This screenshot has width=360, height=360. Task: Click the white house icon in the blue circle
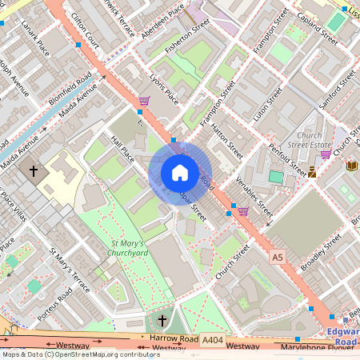point(179,172)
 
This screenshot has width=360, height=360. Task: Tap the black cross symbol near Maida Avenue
point(34,170)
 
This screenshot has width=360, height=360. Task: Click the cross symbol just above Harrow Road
point(162,321)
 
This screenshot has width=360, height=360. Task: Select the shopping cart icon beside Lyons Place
point(144,102)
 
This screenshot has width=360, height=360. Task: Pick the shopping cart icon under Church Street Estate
point(325,154)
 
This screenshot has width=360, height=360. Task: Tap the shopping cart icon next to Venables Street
point(242,211)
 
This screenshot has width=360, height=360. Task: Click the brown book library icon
point(352,165)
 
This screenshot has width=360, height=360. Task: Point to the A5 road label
point(277,257)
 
